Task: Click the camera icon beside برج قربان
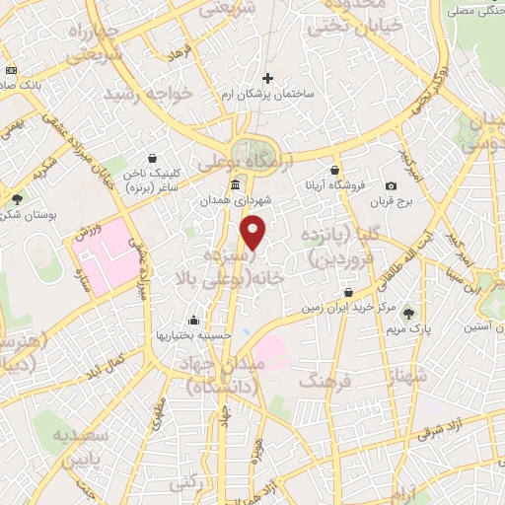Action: tap(392, 186)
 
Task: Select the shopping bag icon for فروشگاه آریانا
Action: tap(335, 169)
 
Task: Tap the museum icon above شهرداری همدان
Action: tap(235, 185)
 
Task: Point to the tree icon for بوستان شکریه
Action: tap(17, 198)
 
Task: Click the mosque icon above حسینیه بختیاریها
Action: tap(192, 320)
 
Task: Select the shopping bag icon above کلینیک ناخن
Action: tap(153, 156)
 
